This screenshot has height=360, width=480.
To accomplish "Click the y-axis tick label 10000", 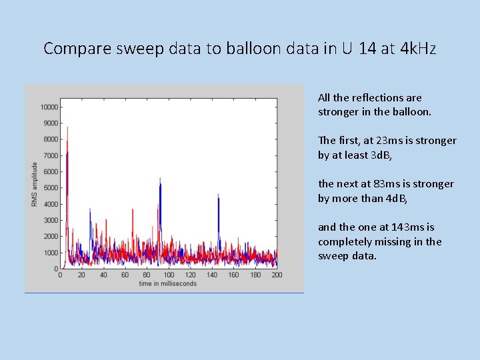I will coord(48,107).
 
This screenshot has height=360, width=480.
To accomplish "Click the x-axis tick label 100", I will coord(169,275).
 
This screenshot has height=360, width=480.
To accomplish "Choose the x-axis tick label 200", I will coord(277,275).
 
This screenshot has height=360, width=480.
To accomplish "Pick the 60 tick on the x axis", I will coord(125,275).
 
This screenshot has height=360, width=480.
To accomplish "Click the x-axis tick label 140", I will coord(212,275).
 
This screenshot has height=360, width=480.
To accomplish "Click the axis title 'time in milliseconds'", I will coord(168,284).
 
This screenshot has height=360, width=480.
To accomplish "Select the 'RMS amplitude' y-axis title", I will coord(35,184).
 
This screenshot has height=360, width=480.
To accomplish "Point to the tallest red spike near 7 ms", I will coord(67,130).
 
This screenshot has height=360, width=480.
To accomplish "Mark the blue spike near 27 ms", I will coord(90,212).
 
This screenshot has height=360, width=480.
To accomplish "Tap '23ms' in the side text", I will coord(394,141).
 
